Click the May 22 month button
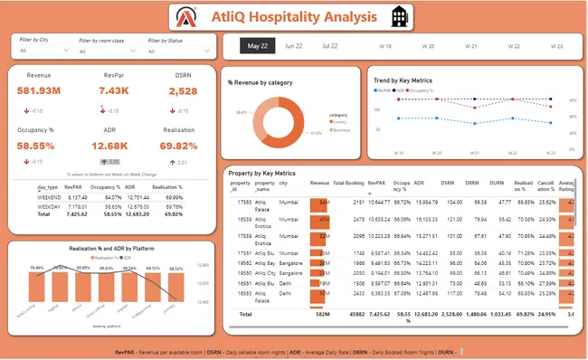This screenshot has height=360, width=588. [x=259, y=45]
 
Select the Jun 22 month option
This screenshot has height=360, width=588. [x=293, y=45]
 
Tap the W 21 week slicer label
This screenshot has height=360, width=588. [x=470, y=45]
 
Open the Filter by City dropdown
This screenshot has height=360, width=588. [x=41, y=52]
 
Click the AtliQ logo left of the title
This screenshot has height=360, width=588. [x=186, y=17]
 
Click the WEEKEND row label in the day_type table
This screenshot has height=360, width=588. [x=49, y=196]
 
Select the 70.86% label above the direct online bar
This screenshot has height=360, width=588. [x=37, y=269]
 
